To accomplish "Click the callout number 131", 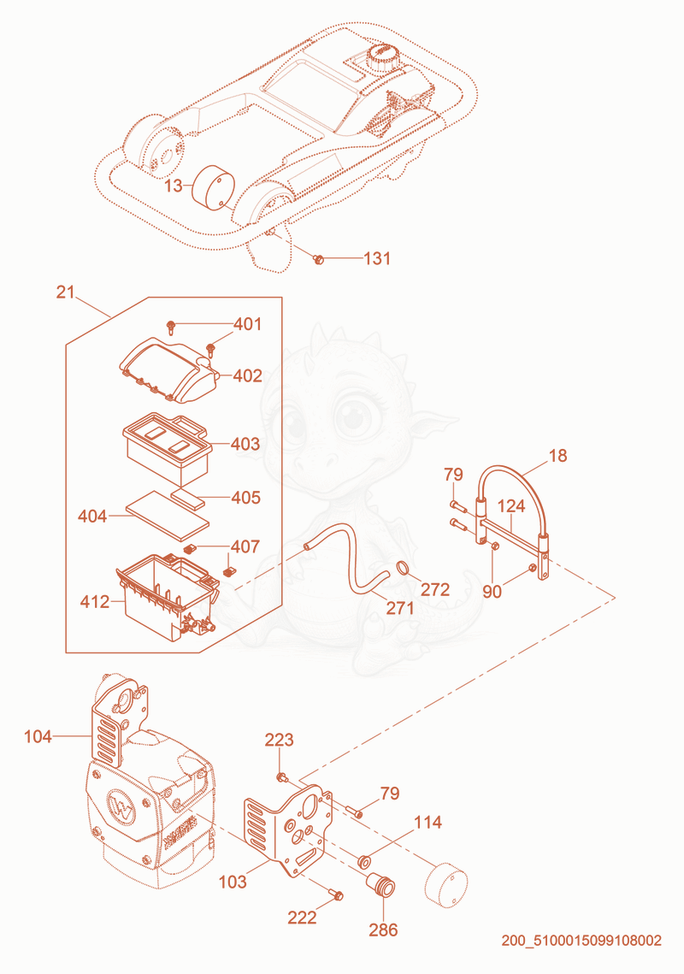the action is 377,257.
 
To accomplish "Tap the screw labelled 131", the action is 319,258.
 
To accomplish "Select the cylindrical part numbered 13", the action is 213,187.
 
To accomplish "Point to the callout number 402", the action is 247,375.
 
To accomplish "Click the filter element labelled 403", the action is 166,448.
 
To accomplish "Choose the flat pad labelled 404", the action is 167,516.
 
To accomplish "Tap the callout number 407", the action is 245,546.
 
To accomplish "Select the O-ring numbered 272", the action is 403,567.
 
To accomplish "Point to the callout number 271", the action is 399,607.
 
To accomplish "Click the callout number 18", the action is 557,456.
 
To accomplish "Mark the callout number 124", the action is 511,506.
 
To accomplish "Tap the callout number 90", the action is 492,592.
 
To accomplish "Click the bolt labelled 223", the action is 280,777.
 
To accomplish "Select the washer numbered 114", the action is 365,861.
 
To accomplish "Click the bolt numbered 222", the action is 336,894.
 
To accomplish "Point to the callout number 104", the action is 38,737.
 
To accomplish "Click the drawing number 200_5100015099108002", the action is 581,941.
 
